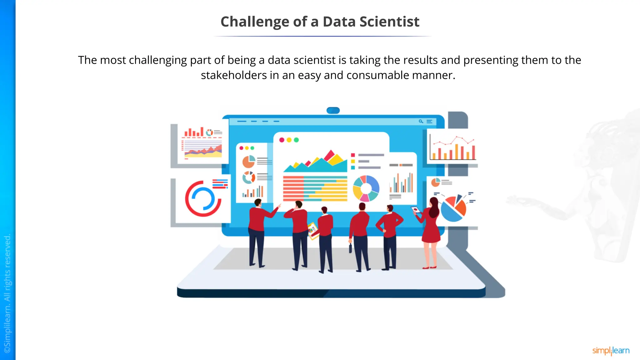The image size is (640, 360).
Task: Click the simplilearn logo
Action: point(611,351)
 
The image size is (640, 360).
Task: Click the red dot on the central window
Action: point(282,140)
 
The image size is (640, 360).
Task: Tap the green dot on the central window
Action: point(296,140)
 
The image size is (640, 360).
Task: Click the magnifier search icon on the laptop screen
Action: point(421,121)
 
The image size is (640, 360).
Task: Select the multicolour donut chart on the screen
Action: point(366,188)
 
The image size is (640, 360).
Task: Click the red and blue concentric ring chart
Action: point(203,199)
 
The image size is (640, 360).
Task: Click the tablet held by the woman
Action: point(415,210)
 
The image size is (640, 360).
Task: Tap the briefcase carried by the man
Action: point(350,248)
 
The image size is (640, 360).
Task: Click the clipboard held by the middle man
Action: point(312,231)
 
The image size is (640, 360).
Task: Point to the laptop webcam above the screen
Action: point(333,110)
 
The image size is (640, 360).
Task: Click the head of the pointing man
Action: point(258,202)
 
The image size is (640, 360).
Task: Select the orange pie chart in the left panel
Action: point(249,162)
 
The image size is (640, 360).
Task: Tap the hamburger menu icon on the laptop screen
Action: point(430,121)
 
